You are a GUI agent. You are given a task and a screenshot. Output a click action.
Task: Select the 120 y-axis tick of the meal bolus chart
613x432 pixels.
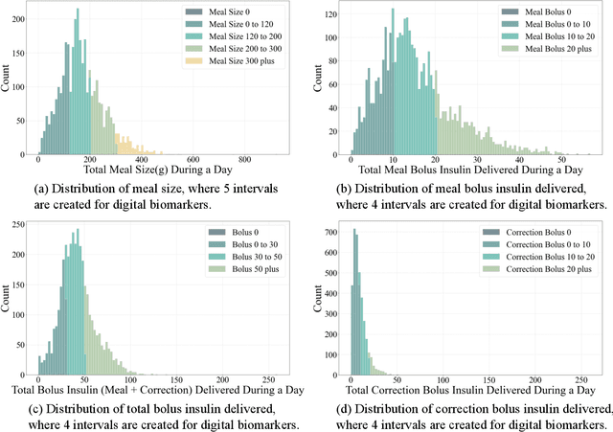point(330,14)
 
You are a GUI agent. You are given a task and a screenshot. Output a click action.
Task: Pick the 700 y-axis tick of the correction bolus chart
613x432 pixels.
point(330,233)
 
